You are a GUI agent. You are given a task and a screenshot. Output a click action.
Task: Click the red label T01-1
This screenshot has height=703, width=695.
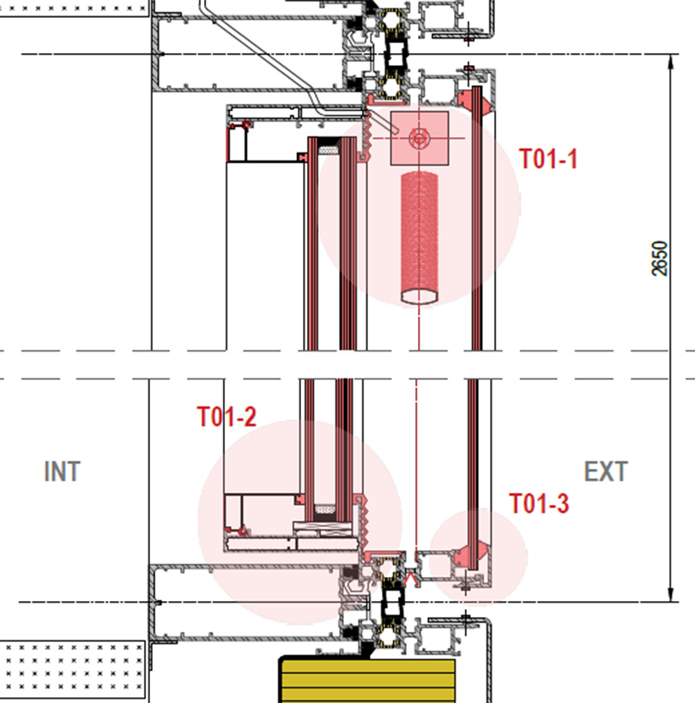[547, 159]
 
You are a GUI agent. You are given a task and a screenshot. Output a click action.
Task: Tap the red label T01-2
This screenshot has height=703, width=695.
[227, 417]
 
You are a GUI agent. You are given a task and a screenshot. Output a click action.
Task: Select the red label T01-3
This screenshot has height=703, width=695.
[539, 503]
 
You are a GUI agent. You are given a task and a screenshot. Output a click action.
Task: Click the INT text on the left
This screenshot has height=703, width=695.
[62, 472]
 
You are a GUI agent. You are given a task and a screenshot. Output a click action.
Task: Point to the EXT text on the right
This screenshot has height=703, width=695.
[606, 472]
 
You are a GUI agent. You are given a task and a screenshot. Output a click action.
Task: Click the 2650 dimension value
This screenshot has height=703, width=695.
[659, 258]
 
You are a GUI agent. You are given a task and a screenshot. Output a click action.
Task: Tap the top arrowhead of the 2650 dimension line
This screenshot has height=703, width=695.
[671, 62]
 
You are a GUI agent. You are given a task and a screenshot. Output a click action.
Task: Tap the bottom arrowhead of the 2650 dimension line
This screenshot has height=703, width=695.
[671, 594]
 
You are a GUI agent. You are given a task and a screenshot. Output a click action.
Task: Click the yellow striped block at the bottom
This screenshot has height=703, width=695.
[368, 680]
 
